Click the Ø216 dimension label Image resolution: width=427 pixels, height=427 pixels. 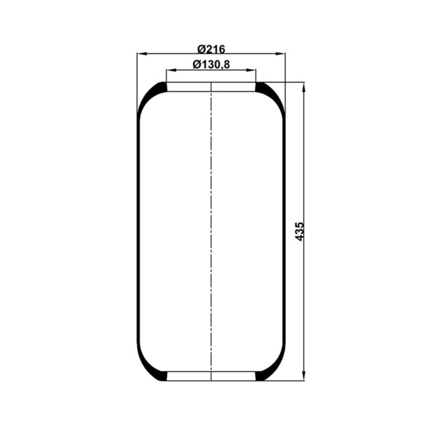pos(211,49)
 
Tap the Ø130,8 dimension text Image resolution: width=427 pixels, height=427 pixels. pos(211,64)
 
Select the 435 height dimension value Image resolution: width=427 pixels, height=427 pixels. pos(300,231)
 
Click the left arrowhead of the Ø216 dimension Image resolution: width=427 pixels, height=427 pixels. pos(142,54)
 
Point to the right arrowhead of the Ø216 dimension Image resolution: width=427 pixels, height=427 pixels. pos(280,54)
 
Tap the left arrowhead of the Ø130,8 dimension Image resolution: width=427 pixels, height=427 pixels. pos(171,70)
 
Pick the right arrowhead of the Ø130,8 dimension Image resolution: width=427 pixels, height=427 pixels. pos(251,70)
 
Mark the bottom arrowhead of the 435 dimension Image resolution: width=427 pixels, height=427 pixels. pos(304,375)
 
